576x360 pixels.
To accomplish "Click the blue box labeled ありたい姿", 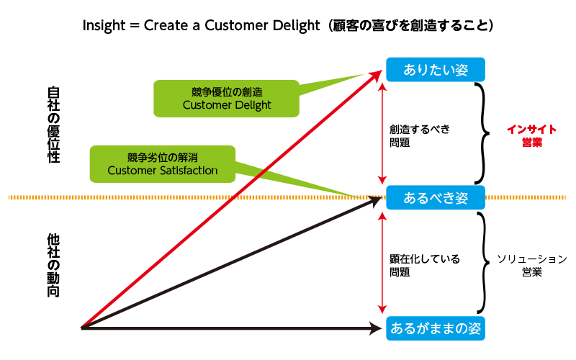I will pos(436,70).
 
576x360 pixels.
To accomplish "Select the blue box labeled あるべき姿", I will pos(436,197).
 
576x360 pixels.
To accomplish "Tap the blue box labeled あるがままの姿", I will pos(436,328).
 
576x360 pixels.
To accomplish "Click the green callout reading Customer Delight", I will pos(227,99).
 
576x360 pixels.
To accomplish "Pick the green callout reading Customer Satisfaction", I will pos(162,164).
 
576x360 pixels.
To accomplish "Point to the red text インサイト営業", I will pos(531,136).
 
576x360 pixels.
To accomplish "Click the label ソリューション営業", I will pos(532,266).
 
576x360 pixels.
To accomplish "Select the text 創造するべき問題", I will pos(419,136).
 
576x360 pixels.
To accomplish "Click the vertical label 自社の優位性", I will pos(53,125).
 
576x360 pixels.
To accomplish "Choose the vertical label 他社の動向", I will pos(53,265).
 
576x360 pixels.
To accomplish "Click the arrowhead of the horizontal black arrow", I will pos(376,328).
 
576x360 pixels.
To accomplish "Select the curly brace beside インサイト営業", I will pos(480,133).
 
